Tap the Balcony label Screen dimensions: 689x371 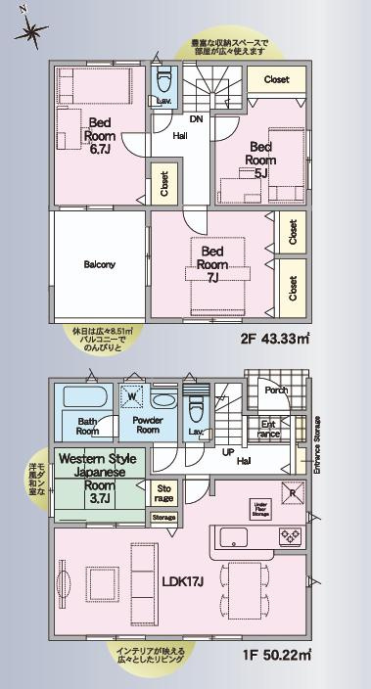point(100,263)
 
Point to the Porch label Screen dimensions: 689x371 point(274,390)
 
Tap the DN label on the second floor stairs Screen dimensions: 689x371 point(196,120)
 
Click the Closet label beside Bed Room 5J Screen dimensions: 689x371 point(275,80)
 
